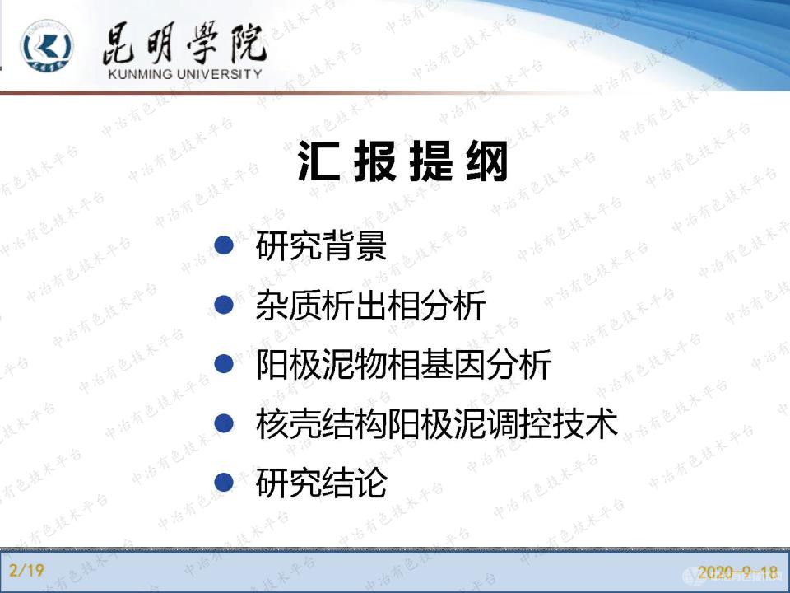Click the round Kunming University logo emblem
click(47, 48)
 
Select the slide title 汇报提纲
click(404, 163)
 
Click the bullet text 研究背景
click(321, 245)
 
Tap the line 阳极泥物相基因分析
click(403, 365)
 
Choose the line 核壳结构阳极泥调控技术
click(436, 424)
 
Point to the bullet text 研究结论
click(321, 483)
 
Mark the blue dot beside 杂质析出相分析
click(224, 305)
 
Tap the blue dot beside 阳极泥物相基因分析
click(224, 364)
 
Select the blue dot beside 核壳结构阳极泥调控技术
click(224, 423)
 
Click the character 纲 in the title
click(487, 163)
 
